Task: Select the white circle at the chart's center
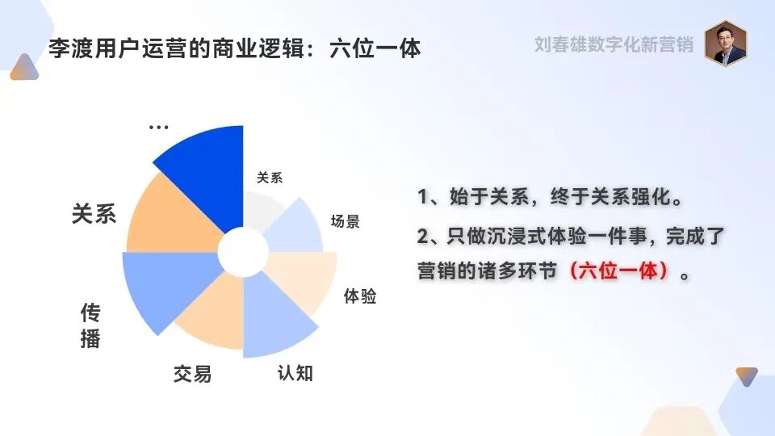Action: point(243,252)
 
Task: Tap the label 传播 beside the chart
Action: point(90,325)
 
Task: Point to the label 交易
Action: point(192,374)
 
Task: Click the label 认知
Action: point(295,374)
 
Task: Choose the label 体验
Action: point(360,296)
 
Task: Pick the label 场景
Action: point(346,221)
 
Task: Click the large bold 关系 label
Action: point(94,214)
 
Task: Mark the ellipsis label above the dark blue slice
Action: point(159,127)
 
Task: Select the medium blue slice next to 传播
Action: point(161,287)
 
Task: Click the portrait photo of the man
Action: point(725,43)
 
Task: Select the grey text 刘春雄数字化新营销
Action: point(614,44)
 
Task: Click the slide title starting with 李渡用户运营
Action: point(235,48)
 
